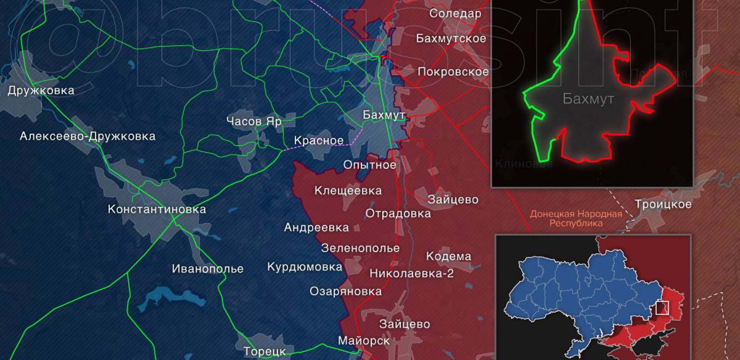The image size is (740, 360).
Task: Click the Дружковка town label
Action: (41, 90)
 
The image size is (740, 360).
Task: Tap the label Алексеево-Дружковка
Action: (87, 136)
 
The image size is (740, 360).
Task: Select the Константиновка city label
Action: (157, 209)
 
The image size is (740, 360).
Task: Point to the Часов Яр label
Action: (254, 121)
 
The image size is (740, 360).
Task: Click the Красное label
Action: (319, 140)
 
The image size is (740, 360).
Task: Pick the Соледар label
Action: (455, 14)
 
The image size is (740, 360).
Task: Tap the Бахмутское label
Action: (451, 38)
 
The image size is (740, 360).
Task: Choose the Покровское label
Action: (453, 72)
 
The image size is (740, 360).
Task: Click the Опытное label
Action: (369, 165)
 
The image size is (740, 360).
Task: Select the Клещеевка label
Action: (348, 190)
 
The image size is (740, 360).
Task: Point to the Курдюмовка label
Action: (305, 267)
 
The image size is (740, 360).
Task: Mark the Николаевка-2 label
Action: (411, 273)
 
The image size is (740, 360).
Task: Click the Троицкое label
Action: (663, 204)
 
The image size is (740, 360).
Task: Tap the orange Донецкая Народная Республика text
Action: (576, 218)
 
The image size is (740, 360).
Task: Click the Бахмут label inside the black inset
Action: (588, 99)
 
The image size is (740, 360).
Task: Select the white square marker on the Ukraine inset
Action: (662, 308)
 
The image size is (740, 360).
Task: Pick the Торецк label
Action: (264, 351)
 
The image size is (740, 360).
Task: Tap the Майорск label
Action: (363, 340)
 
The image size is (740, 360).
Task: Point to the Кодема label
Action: (448, 256)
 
